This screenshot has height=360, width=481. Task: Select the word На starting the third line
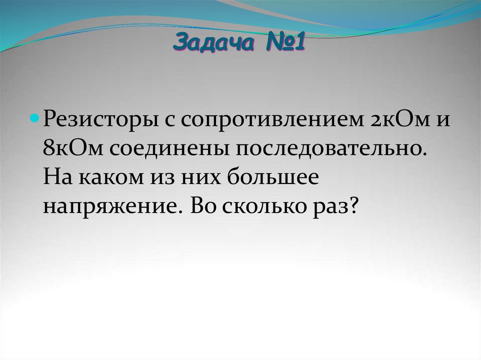pos(56,177)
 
